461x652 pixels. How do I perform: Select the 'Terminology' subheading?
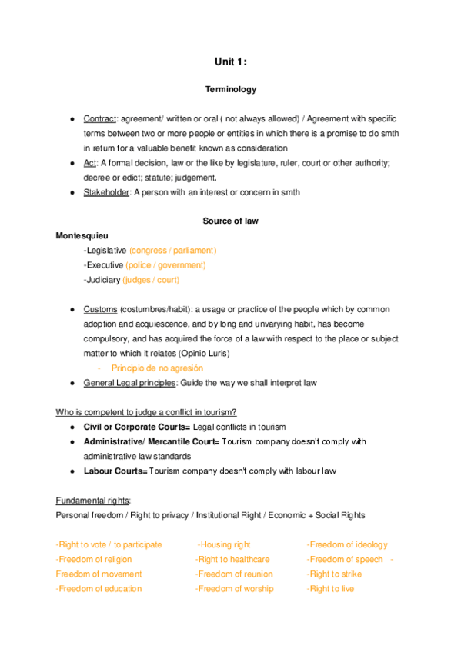click(x=230, y=90)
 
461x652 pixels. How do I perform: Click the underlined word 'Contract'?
click(x=99, y=119)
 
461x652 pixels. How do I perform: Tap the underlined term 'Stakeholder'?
click(x=107, y=192)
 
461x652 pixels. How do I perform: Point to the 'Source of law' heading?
click(x=230, y=221)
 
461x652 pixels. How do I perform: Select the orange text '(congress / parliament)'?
click(x=173, y=251)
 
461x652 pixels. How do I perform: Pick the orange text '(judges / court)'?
click(x=157, y=280)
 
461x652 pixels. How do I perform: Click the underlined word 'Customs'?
click(x=100, y=309)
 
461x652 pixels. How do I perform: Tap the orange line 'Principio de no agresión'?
click(x=157, y=368)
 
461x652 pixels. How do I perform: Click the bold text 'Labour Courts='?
click(x=115, y=471)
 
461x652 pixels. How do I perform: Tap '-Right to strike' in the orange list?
click(x=334, y=574)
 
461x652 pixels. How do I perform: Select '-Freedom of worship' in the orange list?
click(x=234, y=589)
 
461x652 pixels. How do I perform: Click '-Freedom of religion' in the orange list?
click(x=94, y=559)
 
